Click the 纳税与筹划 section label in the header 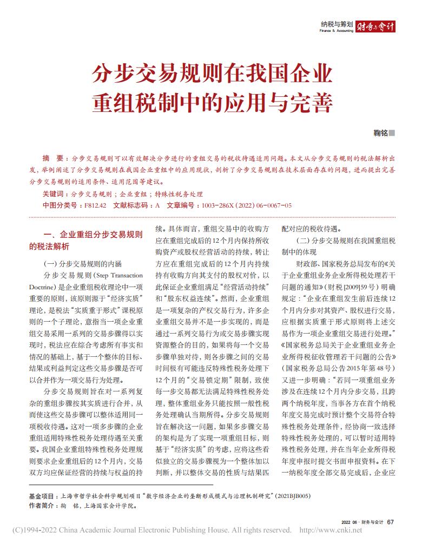tap(337, 24)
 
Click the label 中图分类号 tap(60, 205)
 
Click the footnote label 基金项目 tap(43, 495)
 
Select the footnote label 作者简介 tap(43, 506)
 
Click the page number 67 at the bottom tap(390, 522)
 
